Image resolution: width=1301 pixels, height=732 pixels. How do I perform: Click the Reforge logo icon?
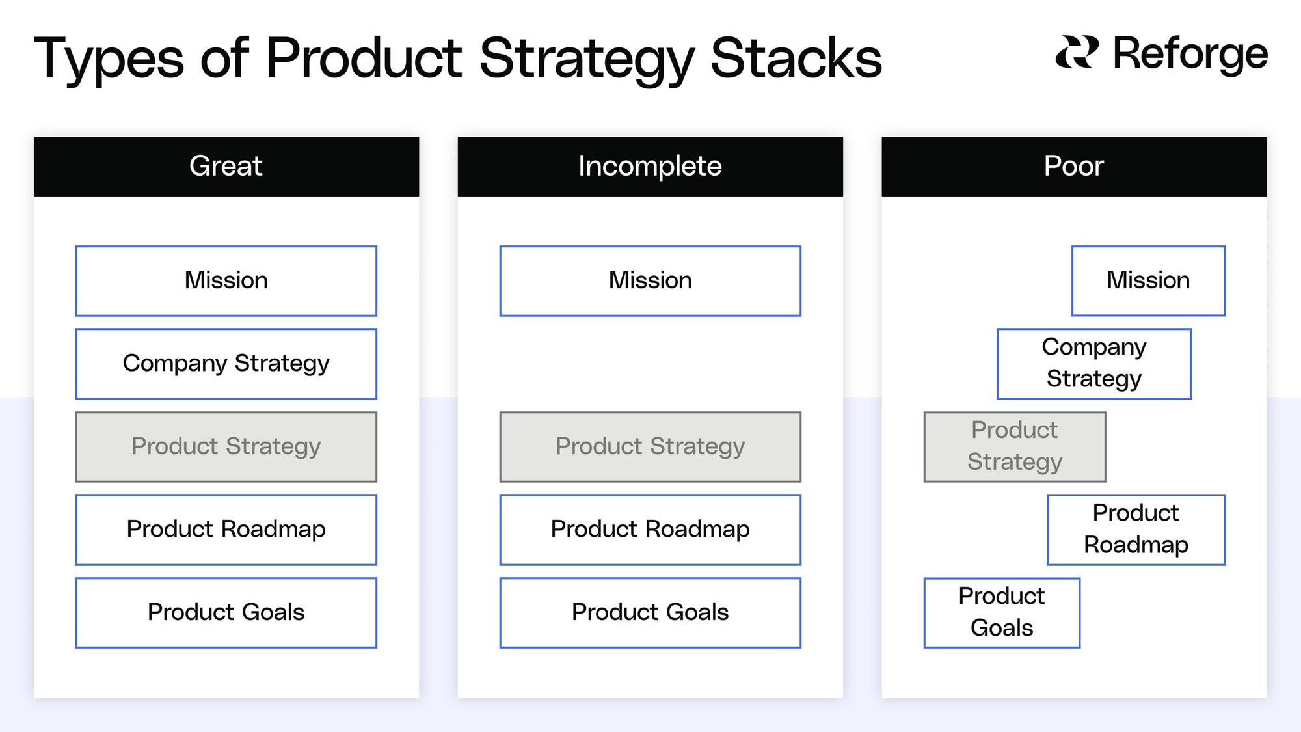click(1077, 52)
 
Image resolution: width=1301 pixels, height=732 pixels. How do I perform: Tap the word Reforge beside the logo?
click(1190, 54)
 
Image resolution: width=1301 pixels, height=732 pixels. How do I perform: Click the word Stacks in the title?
click(796, 59)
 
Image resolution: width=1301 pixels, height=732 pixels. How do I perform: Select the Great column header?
click(226, 167)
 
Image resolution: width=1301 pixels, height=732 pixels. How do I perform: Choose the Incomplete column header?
click(650, 167)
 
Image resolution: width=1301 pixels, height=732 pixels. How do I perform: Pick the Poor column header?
click(1074, 167)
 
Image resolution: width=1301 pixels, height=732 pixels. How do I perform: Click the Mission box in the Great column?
click(226, 281)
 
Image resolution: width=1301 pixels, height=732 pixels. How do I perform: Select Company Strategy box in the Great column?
click(226, 364)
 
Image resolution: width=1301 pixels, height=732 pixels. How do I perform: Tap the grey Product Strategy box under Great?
click(226, 447)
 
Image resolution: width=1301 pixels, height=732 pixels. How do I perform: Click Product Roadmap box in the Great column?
click(226, 530)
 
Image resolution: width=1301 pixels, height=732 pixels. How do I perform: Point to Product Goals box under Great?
click(226, 613)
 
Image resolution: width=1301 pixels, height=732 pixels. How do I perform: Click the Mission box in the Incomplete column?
click(650, 281)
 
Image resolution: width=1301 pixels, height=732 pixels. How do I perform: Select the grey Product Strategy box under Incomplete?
click(650, 447)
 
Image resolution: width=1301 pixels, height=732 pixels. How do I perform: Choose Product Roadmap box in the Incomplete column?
click(650, 530)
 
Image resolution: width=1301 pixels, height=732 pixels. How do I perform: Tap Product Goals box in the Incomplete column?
click(650, 613)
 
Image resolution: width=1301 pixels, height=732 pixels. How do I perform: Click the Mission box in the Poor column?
click(1149, 281)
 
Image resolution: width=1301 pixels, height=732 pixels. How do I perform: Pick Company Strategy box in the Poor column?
click(1094, 364)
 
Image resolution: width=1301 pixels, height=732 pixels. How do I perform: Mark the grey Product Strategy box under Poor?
click(1015, 447)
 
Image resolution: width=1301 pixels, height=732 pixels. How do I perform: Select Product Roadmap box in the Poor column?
click(1136, 530)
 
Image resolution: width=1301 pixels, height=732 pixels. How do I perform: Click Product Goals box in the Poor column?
click(1002, 613)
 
